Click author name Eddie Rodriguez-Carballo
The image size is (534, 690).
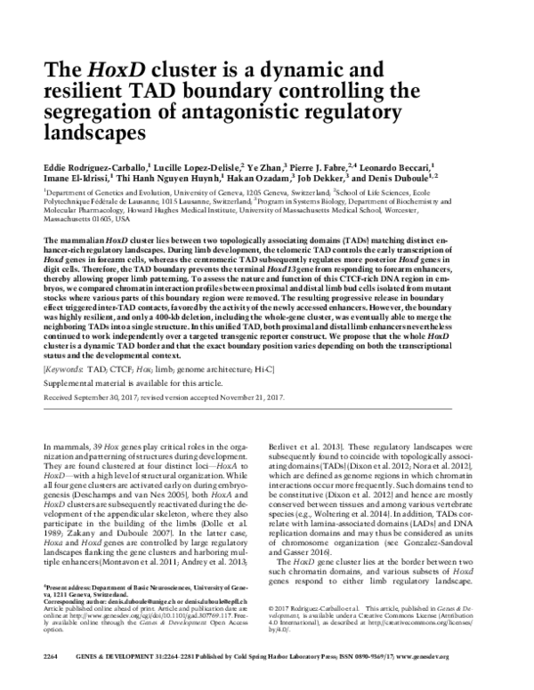[99, 167]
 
